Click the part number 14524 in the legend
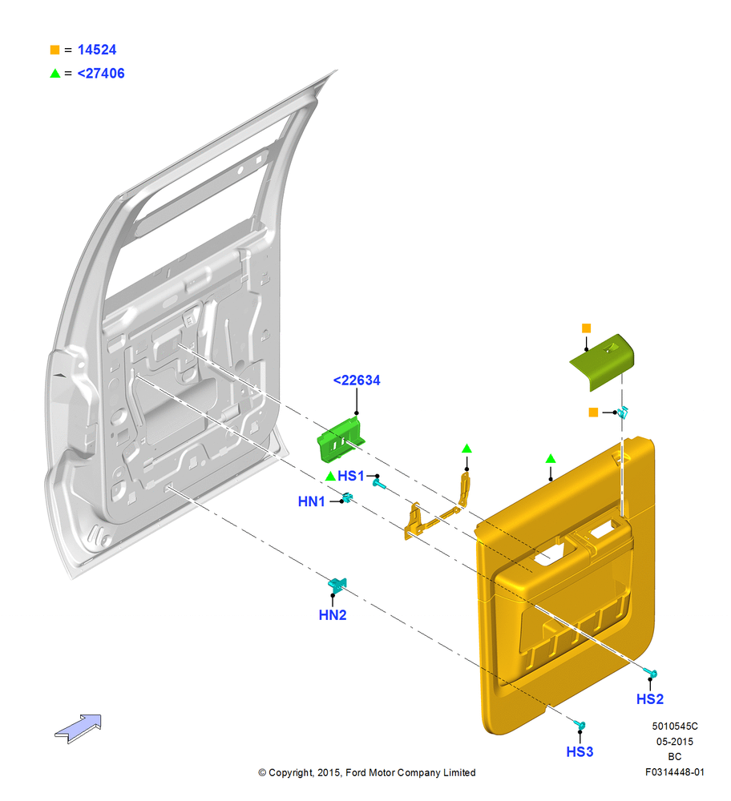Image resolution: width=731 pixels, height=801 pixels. click(97, 50)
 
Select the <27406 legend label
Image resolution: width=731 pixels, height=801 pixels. click(101, 74)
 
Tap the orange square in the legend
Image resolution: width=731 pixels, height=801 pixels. click(55, 50)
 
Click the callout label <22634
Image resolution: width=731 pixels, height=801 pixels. click(357, 380)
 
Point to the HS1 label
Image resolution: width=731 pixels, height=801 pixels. click(351, 476)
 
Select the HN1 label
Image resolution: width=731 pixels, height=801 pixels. click(311, 501)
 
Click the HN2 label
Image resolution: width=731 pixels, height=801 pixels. click(333, 615)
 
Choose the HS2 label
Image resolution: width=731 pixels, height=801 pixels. click(650, 698)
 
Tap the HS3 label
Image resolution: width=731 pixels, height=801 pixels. click(580, 752)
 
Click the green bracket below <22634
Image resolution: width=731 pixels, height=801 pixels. click(341, 439)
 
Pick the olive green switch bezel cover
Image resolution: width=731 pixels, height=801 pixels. click(603, 362)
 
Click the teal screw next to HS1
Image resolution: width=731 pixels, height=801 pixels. click(378, 483)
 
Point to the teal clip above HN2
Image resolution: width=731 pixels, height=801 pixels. click(338, 585)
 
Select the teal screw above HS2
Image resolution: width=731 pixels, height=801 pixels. click(650, 674)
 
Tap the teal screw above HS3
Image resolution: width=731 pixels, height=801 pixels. click(580, 724)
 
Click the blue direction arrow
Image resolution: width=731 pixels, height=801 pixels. click(79, 728)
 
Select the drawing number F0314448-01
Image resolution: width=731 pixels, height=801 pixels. click(674, 772)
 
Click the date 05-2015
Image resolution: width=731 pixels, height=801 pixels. click(675, 741)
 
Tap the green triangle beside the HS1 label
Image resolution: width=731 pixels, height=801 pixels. click(330, 476)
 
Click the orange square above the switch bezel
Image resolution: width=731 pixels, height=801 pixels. click(587, 328)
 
